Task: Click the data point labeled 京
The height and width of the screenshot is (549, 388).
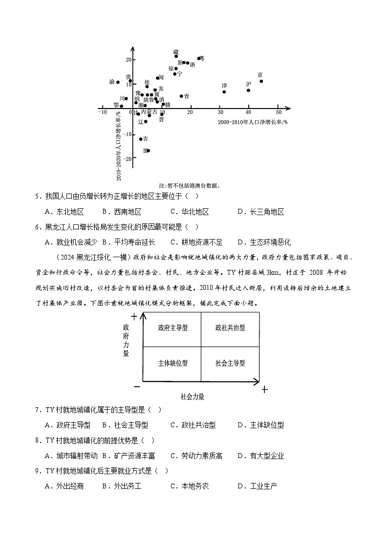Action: (x=261, y=81)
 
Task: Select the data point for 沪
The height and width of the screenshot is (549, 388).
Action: (x=248, y=90)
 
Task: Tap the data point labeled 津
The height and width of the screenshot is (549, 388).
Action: (x=224, y=91)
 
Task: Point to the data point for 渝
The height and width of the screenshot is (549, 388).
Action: (x=118, y=82)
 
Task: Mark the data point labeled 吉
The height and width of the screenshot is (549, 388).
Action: (x=141, y=139)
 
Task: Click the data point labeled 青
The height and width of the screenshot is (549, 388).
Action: (x=181, y=96)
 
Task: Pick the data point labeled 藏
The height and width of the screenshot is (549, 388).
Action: (x=176, y=56)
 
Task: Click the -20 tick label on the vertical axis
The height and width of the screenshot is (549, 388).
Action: (x=128, y=158)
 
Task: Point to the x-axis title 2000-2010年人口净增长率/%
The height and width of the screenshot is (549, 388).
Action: (x=253, y=121)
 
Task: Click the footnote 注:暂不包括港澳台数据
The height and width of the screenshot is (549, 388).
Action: (x=190, y=185)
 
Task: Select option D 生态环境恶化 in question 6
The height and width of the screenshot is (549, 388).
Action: (x=264, y=242)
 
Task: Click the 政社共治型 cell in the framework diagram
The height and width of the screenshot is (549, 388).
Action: (x=230, y=328)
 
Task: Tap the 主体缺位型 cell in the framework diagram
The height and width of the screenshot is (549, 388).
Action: (x=172, y=363)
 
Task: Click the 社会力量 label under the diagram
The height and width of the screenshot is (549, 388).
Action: (x=193, y=396)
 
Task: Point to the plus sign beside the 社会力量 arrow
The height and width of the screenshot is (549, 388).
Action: (x=264, y=389)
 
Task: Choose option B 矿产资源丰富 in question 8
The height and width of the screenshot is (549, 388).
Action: (x=129, y=456)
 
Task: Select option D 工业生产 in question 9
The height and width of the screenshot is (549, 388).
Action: (x=258, y=486)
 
